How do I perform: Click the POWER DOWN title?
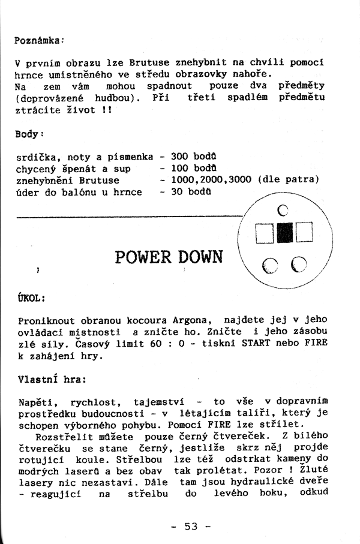point(168,257)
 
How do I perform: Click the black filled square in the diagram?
point(284,232)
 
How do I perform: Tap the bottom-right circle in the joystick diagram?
point(299,265)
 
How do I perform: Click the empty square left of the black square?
point(265,232)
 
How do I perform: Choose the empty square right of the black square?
point(304,232)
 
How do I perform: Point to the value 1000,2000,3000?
point(211,180)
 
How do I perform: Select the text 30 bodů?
point(190,192)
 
